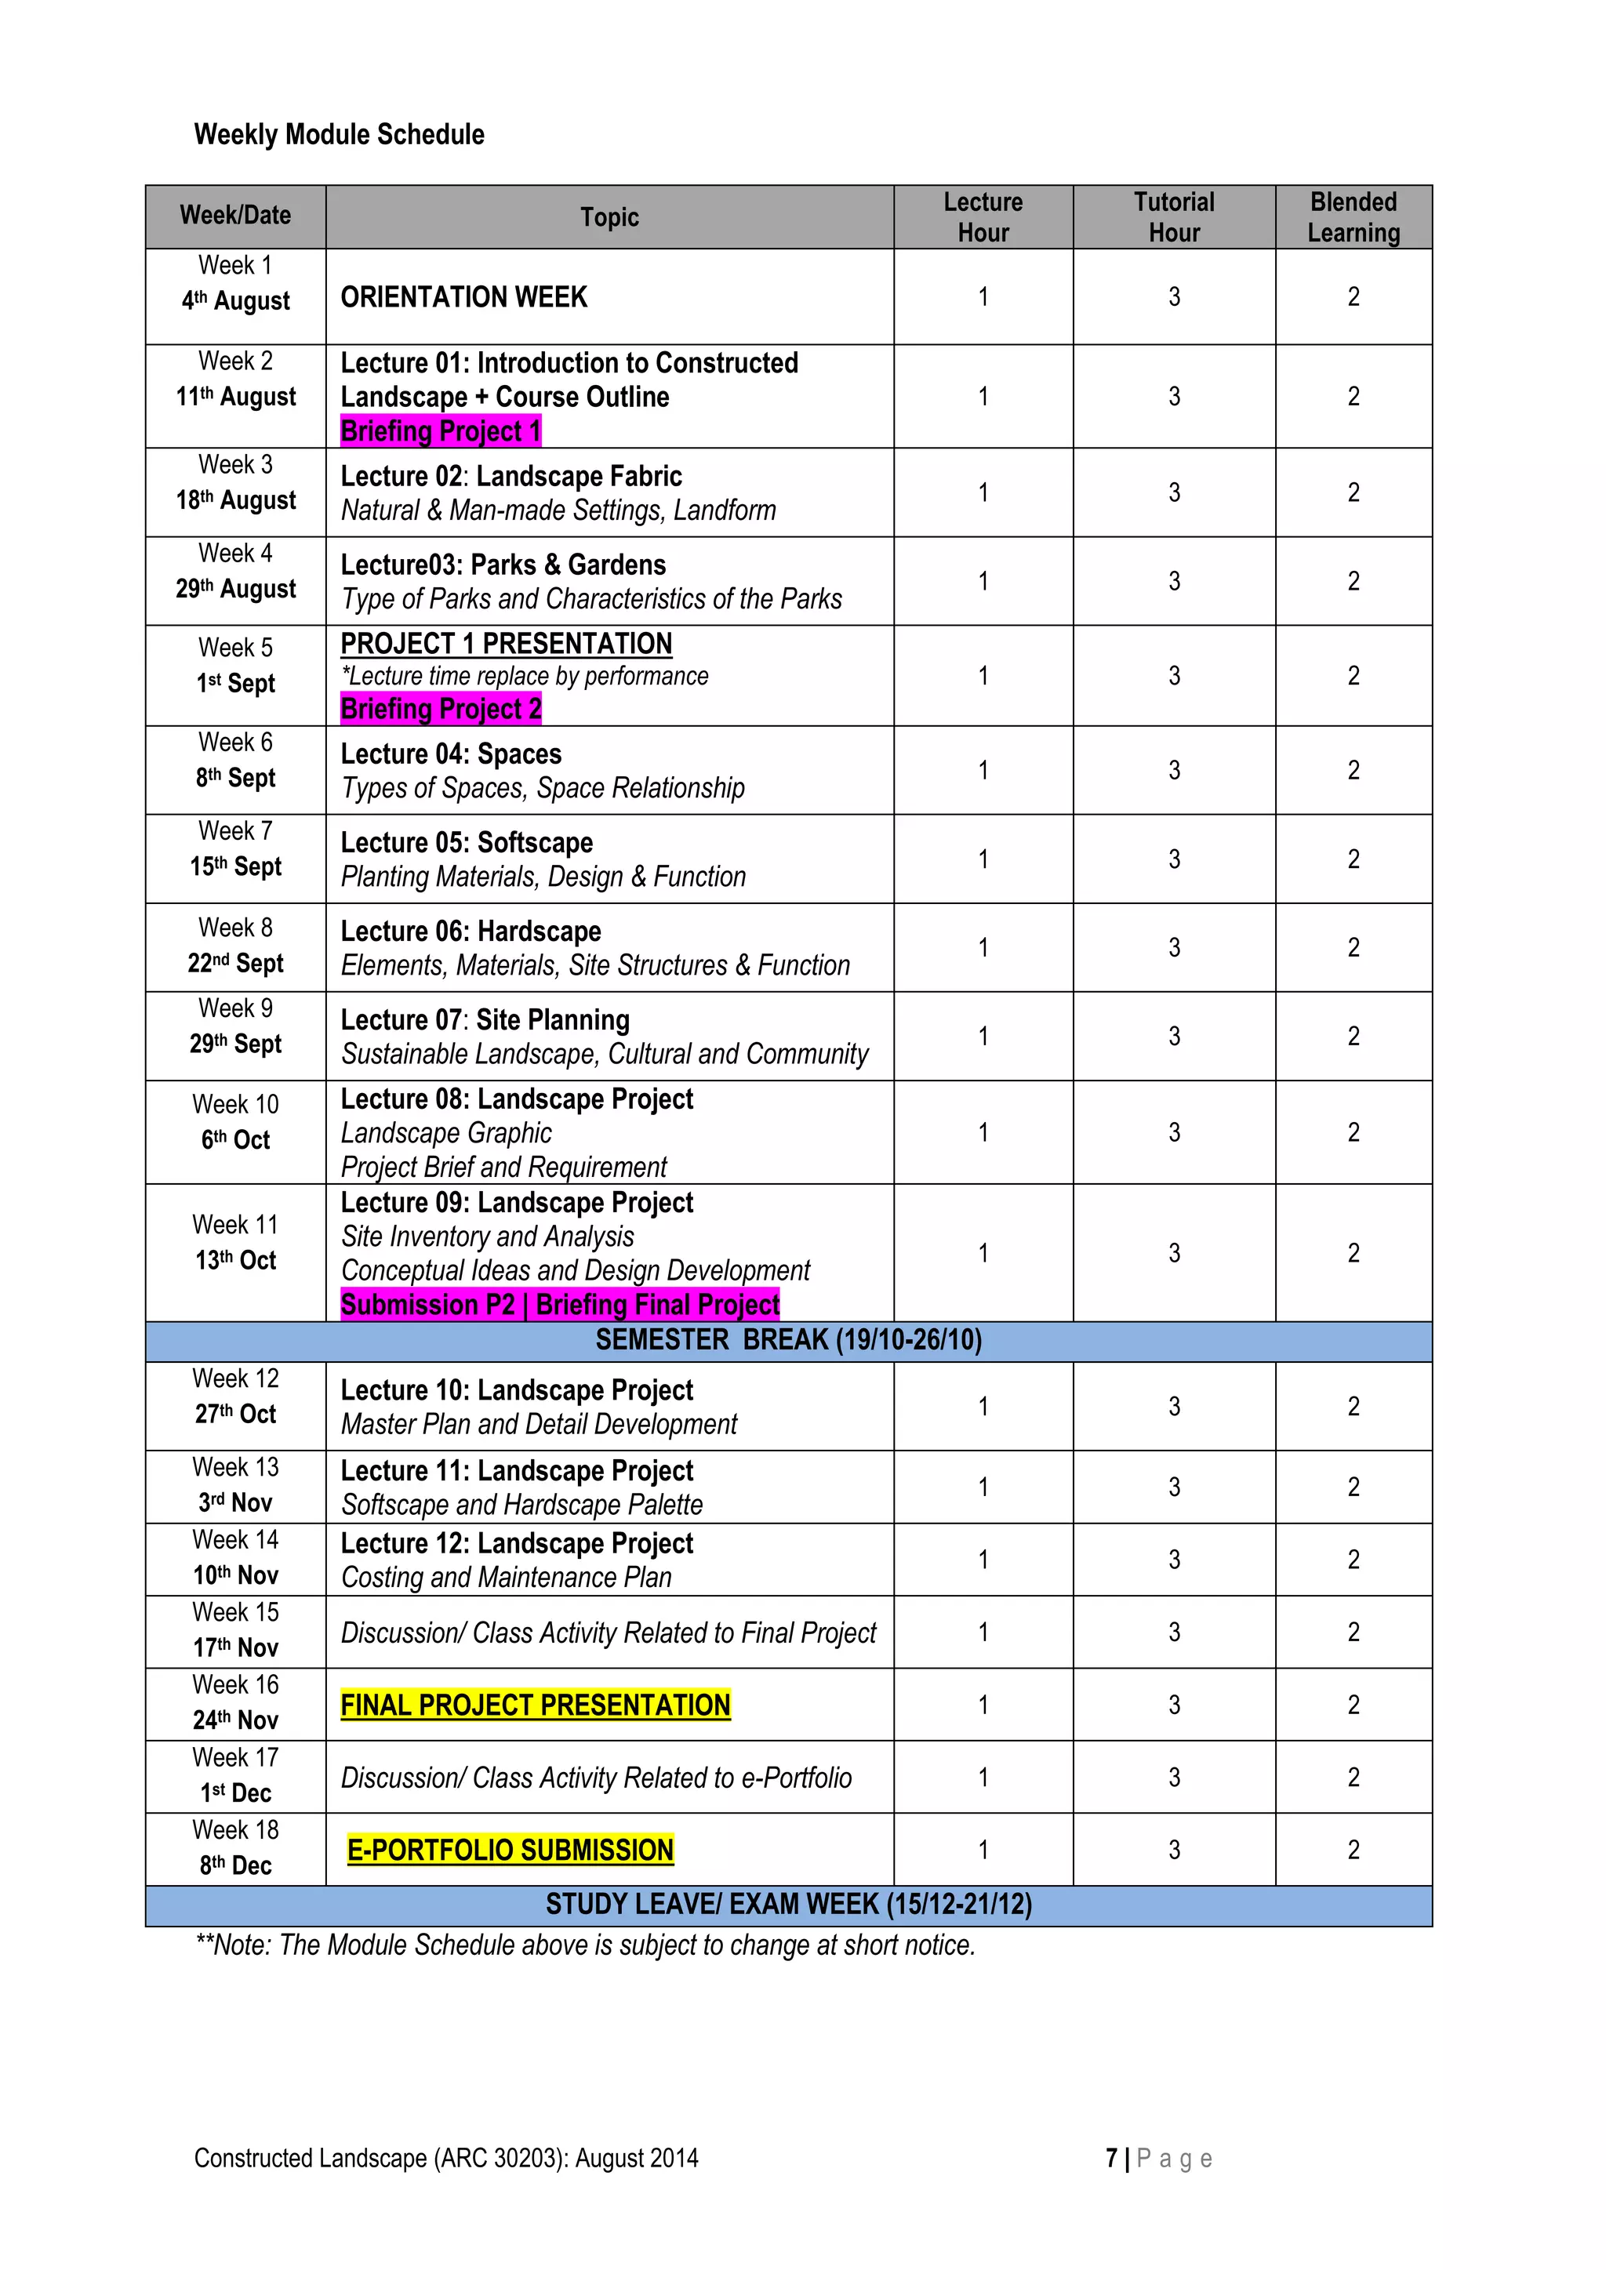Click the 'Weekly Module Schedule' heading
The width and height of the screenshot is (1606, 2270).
click(340, 134)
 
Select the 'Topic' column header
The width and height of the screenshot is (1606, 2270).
click(609, 217)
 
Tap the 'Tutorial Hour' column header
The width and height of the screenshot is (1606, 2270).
click(1174, 217)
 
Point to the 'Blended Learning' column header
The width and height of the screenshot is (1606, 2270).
click(1353, 217)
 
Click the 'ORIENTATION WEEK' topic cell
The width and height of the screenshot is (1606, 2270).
click(463, 298)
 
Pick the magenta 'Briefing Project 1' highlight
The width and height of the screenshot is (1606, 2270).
click(441, 431)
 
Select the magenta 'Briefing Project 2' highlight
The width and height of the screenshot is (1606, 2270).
click(441, 709)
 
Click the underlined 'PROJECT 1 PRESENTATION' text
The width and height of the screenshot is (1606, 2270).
click(507, 644)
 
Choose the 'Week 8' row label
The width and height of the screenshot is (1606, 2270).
click(235, 928)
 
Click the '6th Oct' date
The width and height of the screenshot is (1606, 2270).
click(235, 1140)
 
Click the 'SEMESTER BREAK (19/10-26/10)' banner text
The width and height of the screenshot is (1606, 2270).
click(788, 1341)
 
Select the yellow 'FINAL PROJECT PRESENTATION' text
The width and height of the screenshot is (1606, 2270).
click(535, 1705)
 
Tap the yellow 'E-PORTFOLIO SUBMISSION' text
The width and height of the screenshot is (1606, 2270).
click(511, 1850)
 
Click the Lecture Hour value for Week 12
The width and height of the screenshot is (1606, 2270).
click(983, 1407)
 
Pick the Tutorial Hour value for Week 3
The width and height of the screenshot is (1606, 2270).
click(1174, 492)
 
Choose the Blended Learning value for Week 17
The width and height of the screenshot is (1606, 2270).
click(1353, 1778)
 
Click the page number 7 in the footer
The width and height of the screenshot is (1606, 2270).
click(1111, 2159)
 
